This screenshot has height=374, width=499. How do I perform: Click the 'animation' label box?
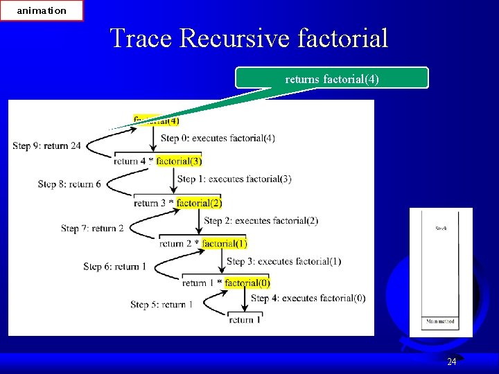[42, 10]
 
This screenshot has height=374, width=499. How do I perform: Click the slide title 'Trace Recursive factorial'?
[249, 37]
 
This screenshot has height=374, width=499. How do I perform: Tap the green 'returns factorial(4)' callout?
[332, 79]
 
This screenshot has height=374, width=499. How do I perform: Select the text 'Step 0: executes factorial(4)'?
[218, 139]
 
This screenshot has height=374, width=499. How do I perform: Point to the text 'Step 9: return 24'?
[46, 145]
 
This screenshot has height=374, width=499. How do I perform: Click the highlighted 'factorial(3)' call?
[179, 161]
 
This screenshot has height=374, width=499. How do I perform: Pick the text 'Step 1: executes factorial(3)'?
[234, 179]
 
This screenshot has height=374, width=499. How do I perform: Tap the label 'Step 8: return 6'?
[69, 184]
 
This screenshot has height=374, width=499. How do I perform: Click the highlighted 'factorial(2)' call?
[199, 203]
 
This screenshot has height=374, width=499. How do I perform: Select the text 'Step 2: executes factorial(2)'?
[261, 221]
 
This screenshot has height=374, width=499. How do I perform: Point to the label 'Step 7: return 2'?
[92, 229]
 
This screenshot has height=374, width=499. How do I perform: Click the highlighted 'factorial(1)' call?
[224, 243]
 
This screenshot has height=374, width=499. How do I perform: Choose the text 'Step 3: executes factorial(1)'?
[284, 261]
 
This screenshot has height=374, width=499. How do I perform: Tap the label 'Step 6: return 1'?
[114, 267]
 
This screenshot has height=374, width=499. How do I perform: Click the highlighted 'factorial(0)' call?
[247, 283]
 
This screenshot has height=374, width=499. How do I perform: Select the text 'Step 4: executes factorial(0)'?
[308, 299]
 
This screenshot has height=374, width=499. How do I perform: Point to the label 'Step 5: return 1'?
[161, 304]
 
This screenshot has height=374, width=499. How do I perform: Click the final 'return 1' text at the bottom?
[245, 320]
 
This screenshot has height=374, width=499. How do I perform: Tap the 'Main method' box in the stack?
[440, 321]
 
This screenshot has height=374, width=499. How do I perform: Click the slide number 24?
[451, 362]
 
